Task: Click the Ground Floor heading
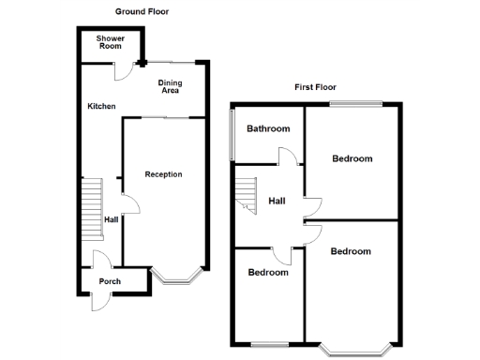tap(142, 12)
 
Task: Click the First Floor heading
tap(316, 87)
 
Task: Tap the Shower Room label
tap(111, 42)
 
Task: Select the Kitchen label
tap(101, 107)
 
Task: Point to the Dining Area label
tap(170, 87)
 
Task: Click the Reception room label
tap(163, 174)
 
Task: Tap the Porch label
tap(110, 281)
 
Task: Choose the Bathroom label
tap(268, 128)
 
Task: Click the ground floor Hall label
tap(111, 219)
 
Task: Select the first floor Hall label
tap(277, 201)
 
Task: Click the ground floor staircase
tap(91, 209)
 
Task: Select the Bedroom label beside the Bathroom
tap(352, 158)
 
